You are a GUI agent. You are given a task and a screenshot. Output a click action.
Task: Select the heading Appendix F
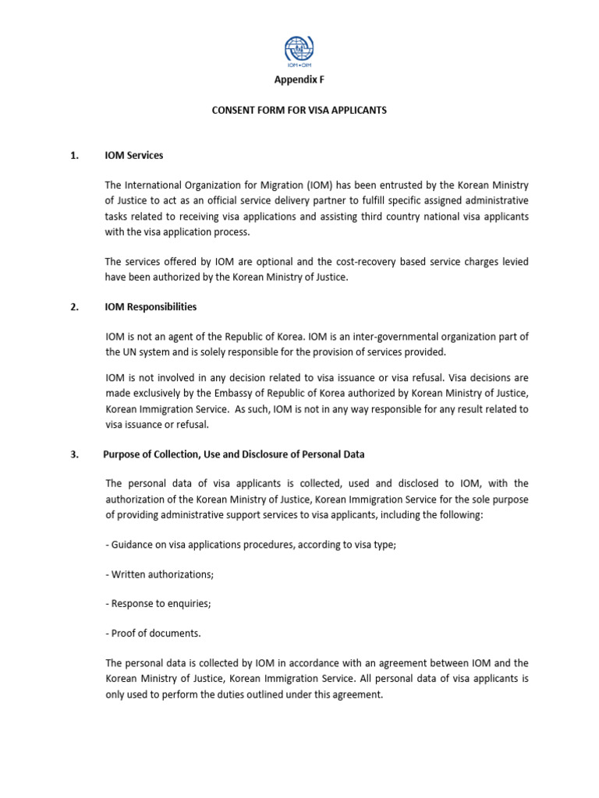(x=299, y=80)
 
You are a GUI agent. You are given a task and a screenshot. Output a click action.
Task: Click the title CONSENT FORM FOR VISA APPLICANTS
(x=299, y=111)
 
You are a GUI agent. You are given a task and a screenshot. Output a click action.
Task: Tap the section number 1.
(x=74, y=155)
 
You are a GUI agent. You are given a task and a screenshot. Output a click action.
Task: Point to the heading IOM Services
(x=134, y=155)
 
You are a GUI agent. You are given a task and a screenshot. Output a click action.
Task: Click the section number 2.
(x=74, y=307)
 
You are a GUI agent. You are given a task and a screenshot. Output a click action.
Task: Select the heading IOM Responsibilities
(x=151, y=307)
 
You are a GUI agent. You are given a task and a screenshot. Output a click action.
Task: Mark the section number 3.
(x=74, y=454)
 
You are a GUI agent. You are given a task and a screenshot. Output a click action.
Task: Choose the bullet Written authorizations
(x=159, y=574)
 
